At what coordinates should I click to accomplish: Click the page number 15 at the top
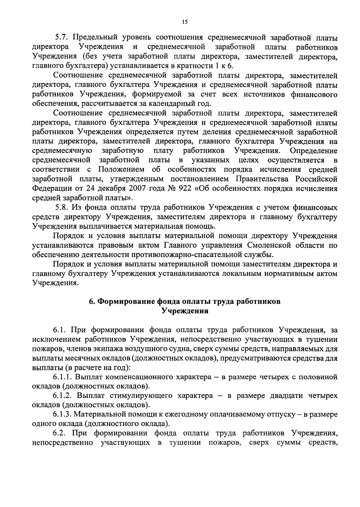pyautogui.click(x=184, y=21)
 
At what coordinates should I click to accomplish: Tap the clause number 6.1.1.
pyautogui.click(x=63, y=377)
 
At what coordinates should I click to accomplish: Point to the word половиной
pyautogui.click(x=318, y=377)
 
